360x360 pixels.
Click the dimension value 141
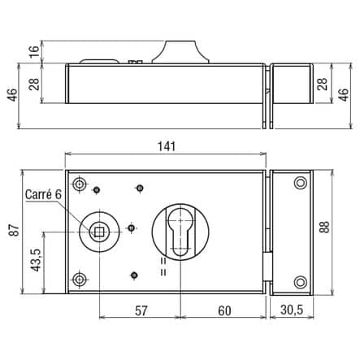(167, 146)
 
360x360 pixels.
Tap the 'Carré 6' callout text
(44, 194)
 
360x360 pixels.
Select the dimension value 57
(141, 310)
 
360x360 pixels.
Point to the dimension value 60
(224, 310)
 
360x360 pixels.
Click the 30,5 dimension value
(292, 310)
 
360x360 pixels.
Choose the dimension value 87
(14, 230)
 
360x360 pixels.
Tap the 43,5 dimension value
(36, 260)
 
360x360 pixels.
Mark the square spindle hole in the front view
(99, 232)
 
